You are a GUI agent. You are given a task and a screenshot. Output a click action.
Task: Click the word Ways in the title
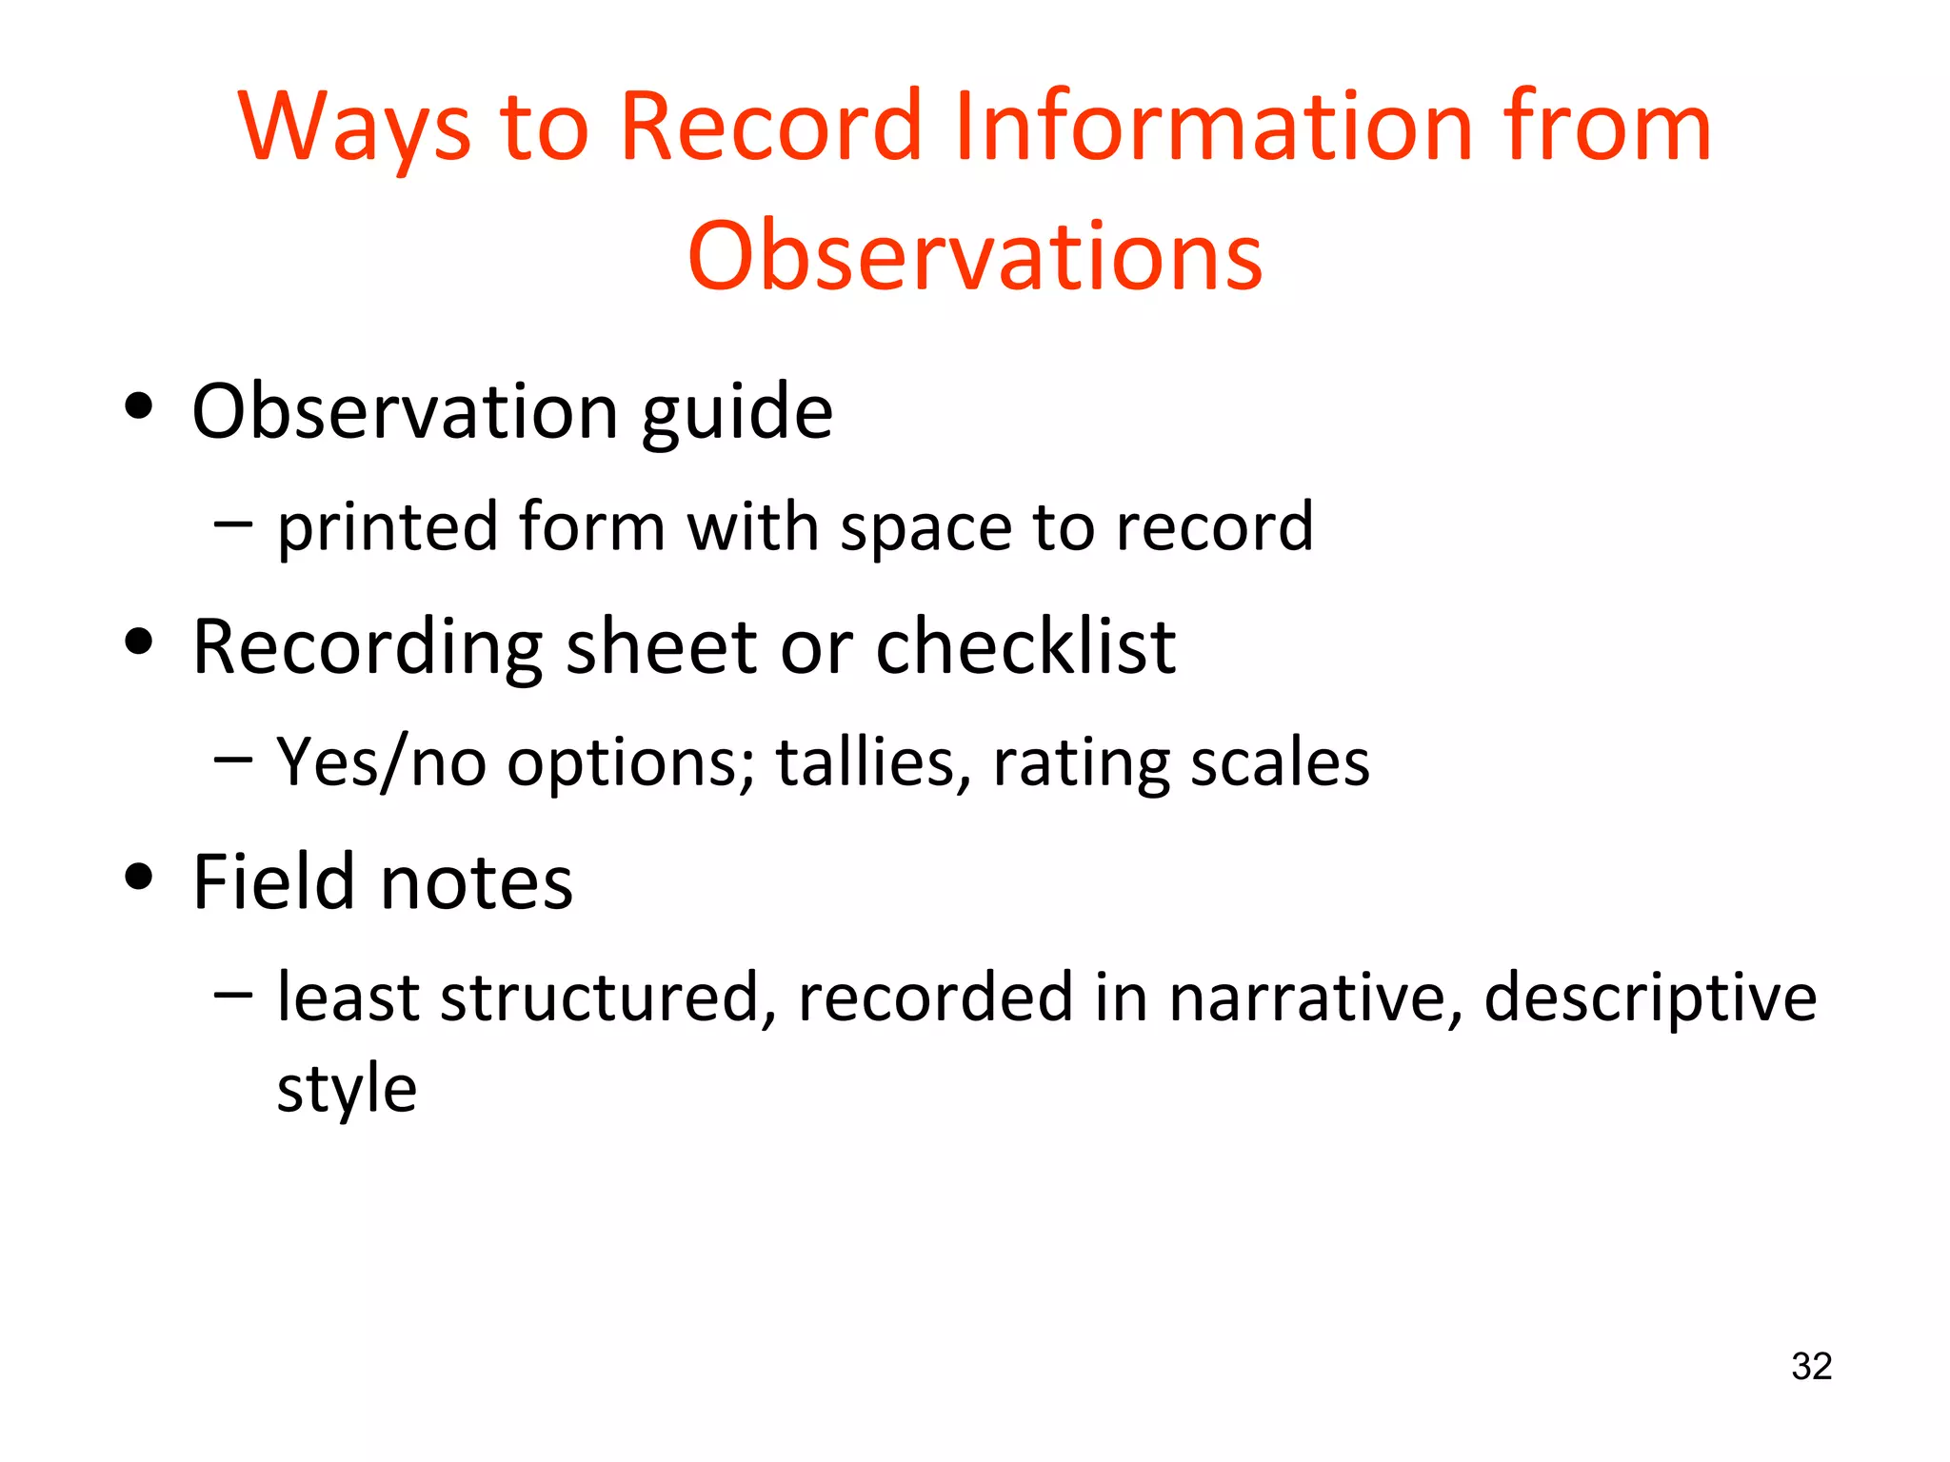coord(354,128)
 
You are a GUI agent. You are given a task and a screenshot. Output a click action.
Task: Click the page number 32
coord(1811,1366)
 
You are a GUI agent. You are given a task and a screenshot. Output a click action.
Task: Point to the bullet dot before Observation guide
coord(139,407)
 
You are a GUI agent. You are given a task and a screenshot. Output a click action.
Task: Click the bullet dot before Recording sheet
coord(139,642)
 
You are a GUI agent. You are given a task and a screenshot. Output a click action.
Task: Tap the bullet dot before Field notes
coord(139,877)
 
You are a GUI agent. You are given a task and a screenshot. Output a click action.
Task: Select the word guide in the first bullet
coord(737,415)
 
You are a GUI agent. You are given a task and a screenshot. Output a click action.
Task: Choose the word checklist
coord(1025,646)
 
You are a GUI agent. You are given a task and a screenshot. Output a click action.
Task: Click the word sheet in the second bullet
coord(662,646)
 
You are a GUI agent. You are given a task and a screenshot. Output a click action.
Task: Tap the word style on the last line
coord(347,1089)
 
